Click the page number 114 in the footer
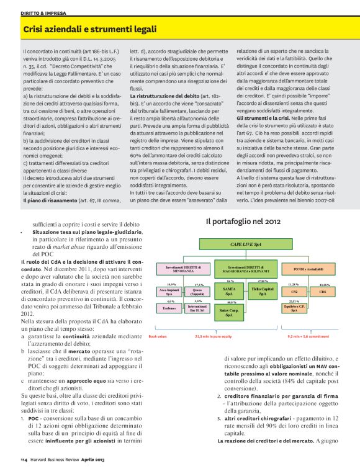pos(23,460)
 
